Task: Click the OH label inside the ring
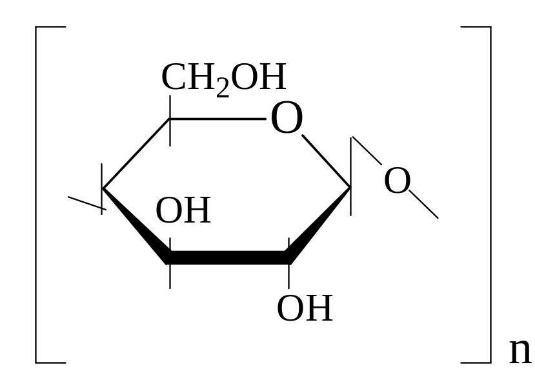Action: click(x=183, y=211)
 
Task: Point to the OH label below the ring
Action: click(x=304, y=308)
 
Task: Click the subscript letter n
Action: click(x=520, y=352)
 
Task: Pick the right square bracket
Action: click(x=488, y=194)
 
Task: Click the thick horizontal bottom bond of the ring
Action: click(x=229, y=257)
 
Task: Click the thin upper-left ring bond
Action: click(x=136, y=154)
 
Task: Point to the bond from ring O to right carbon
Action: click(x=327, y=161)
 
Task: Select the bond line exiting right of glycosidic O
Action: click(x=425, y=205)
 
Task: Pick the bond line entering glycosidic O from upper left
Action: click(x=367, y=153)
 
